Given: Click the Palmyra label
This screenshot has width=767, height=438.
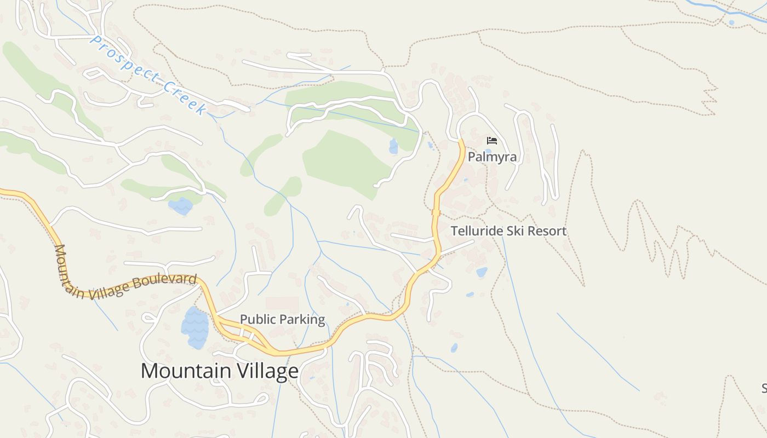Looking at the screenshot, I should click(492, 157).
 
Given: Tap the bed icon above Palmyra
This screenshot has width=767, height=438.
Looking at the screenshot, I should click(492, 141).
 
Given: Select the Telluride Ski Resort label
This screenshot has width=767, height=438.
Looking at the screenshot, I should click(508, 231).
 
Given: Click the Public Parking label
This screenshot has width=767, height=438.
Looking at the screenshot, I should click(282, 319).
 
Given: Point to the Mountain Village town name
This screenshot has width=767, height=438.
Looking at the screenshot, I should click(220, 371).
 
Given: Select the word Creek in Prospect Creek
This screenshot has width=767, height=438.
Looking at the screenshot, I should click(186, 97).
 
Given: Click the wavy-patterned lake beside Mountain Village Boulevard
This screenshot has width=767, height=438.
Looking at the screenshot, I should click(195, 327).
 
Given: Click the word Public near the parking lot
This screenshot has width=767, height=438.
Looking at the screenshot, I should click(258, 319).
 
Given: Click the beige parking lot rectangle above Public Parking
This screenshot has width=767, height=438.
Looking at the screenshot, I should click(282, 304).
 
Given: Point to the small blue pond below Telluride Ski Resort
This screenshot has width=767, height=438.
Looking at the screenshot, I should click(482, 272).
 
